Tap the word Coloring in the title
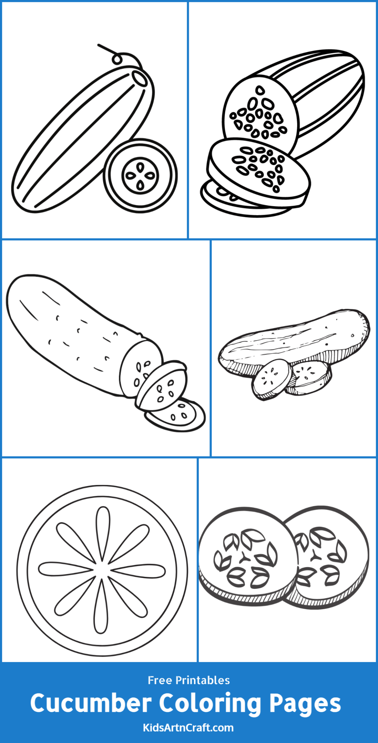click(210, 704)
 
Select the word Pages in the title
click(305, 704)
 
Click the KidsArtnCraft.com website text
click(188, 727)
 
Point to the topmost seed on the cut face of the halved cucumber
click(260, 90)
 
